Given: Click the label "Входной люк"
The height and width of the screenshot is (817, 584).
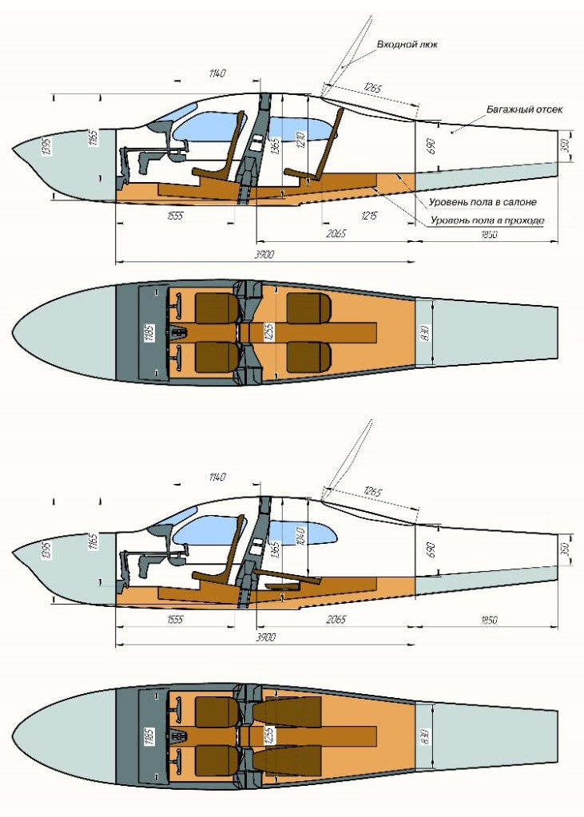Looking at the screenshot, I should [x=406, y=45].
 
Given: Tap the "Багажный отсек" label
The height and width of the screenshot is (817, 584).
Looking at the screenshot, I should [x=524, y=109].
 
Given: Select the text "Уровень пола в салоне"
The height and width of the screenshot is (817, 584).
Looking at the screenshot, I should [x=483, y=202].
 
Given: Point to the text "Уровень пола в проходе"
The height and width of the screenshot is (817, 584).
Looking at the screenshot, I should [x=487, y=220].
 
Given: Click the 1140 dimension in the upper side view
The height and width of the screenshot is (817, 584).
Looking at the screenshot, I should [x=217, y=73].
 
